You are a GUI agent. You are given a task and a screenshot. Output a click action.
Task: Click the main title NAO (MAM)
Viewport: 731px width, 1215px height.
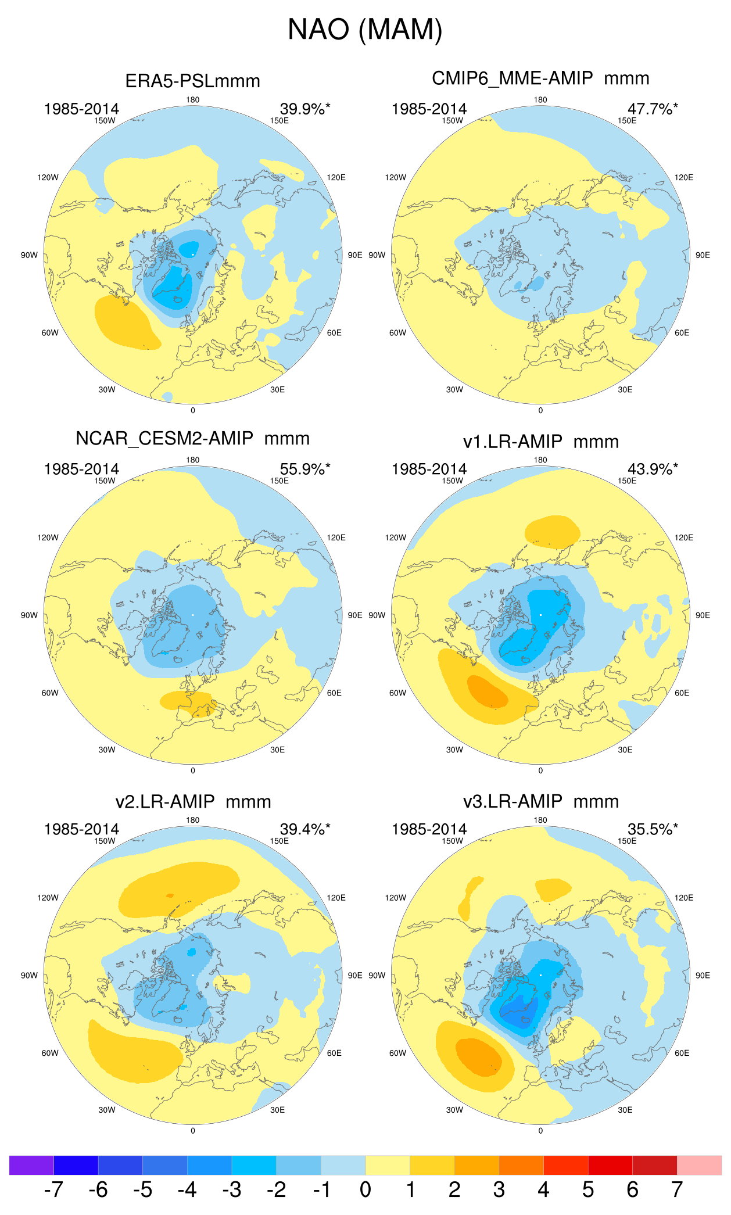coord(365,29)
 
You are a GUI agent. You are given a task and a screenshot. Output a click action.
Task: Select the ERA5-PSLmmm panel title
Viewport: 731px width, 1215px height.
coord(192,81)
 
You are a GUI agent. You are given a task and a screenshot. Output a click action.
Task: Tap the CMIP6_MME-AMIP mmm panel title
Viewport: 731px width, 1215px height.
coord(540,78)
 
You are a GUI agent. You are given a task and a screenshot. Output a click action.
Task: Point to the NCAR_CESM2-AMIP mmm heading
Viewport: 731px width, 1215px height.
coord(192,439)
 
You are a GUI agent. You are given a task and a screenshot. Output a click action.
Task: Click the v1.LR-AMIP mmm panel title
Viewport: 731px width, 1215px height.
coord(540,442)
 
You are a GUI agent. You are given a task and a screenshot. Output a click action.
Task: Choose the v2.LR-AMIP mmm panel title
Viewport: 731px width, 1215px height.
coord(193,802)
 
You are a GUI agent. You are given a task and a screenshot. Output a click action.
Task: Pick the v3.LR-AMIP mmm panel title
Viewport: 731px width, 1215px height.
coord(540,802)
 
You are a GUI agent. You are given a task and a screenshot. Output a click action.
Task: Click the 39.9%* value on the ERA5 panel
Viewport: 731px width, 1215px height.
coord(304,109)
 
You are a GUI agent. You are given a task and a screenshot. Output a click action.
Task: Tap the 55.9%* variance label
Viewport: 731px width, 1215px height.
coord(304,469)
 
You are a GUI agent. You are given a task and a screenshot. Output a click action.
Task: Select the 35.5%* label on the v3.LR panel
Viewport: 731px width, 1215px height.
coord(652,829)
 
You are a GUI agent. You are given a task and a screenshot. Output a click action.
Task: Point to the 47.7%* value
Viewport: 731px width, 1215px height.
coord(652,109)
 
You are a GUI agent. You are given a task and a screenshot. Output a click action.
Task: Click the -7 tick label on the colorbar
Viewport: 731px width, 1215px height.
coord(53,1190)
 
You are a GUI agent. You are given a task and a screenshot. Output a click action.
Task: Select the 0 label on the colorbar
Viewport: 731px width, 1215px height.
coord(365,1190)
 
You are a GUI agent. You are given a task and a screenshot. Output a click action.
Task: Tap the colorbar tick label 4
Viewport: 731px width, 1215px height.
coord(543,1190)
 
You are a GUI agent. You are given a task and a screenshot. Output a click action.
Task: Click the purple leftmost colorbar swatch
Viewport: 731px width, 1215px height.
coord(31,1165)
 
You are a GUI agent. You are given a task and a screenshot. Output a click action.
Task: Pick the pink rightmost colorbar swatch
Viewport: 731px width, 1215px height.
coord(699,1165)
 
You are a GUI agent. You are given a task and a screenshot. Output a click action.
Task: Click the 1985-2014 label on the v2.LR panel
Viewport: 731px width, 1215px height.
coord(81,829)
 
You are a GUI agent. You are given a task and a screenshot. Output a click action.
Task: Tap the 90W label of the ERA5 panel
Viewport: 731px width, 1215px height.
coord(29,255)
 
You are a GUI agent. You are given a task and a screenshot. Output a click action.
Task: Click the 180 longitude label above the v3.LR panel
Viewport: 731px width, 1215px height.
coord(540,820)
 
